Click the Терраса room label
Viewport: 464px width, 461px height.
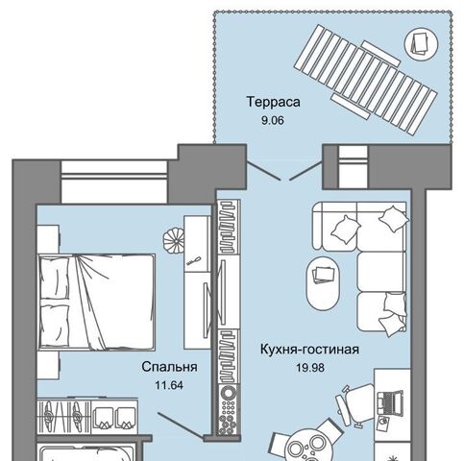[273, 102]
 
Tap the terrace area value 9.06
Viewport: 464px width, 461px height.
[273, 121]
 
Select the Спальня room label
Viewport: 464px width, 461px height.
[169, 367]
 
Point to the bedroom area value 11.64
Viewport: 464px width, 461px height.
[169, 385]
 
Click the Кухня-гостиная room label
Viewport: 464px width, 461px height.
[309, 350]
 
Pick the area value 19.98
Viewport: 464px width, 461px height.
[310, 368]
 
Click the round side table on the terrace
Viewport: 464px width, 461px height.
[421, 43]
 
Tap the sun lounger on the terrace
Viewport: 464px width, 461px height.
[366, 80]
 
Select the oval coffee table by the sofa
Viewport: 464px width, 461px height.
[323, 283]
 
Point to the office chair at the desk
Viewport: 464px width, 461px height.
[355, 404]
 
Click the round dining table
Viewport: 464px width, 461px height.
[305, 447]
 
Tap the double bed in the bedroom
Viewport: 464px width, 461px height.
[96, 302]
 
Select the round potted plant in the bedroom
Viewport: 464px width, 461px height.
[173, 240]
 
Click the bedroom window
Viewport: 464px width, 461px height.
[114, 182]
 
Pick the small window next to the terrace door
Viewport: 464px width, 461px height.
[353, 167]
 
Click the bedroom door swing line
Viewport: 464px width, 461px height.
[181, 425]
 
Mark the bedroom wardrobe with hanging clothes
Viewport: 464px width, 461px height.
[87, 416]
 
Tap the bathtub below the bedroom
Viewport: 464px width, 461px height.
[86, 452]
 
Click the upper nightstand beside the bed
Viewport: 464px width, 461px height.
[48, 239]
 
